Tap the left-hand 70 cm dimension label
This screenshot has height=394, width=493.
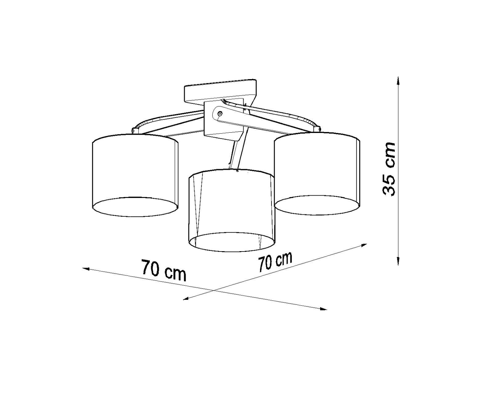[x=163, y=271]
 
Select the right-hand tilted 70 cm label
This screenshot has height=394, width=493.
[x=275, y=262]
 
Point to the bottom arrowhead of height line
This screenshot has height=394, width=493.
[x=398, y=261]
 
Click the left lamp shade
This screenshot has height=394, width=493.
[x=135, y=175]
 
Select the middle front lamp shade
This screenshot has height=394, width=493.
[x=231, y=210]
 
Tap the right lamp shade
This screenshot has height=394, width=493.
[x=317, y=173]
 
